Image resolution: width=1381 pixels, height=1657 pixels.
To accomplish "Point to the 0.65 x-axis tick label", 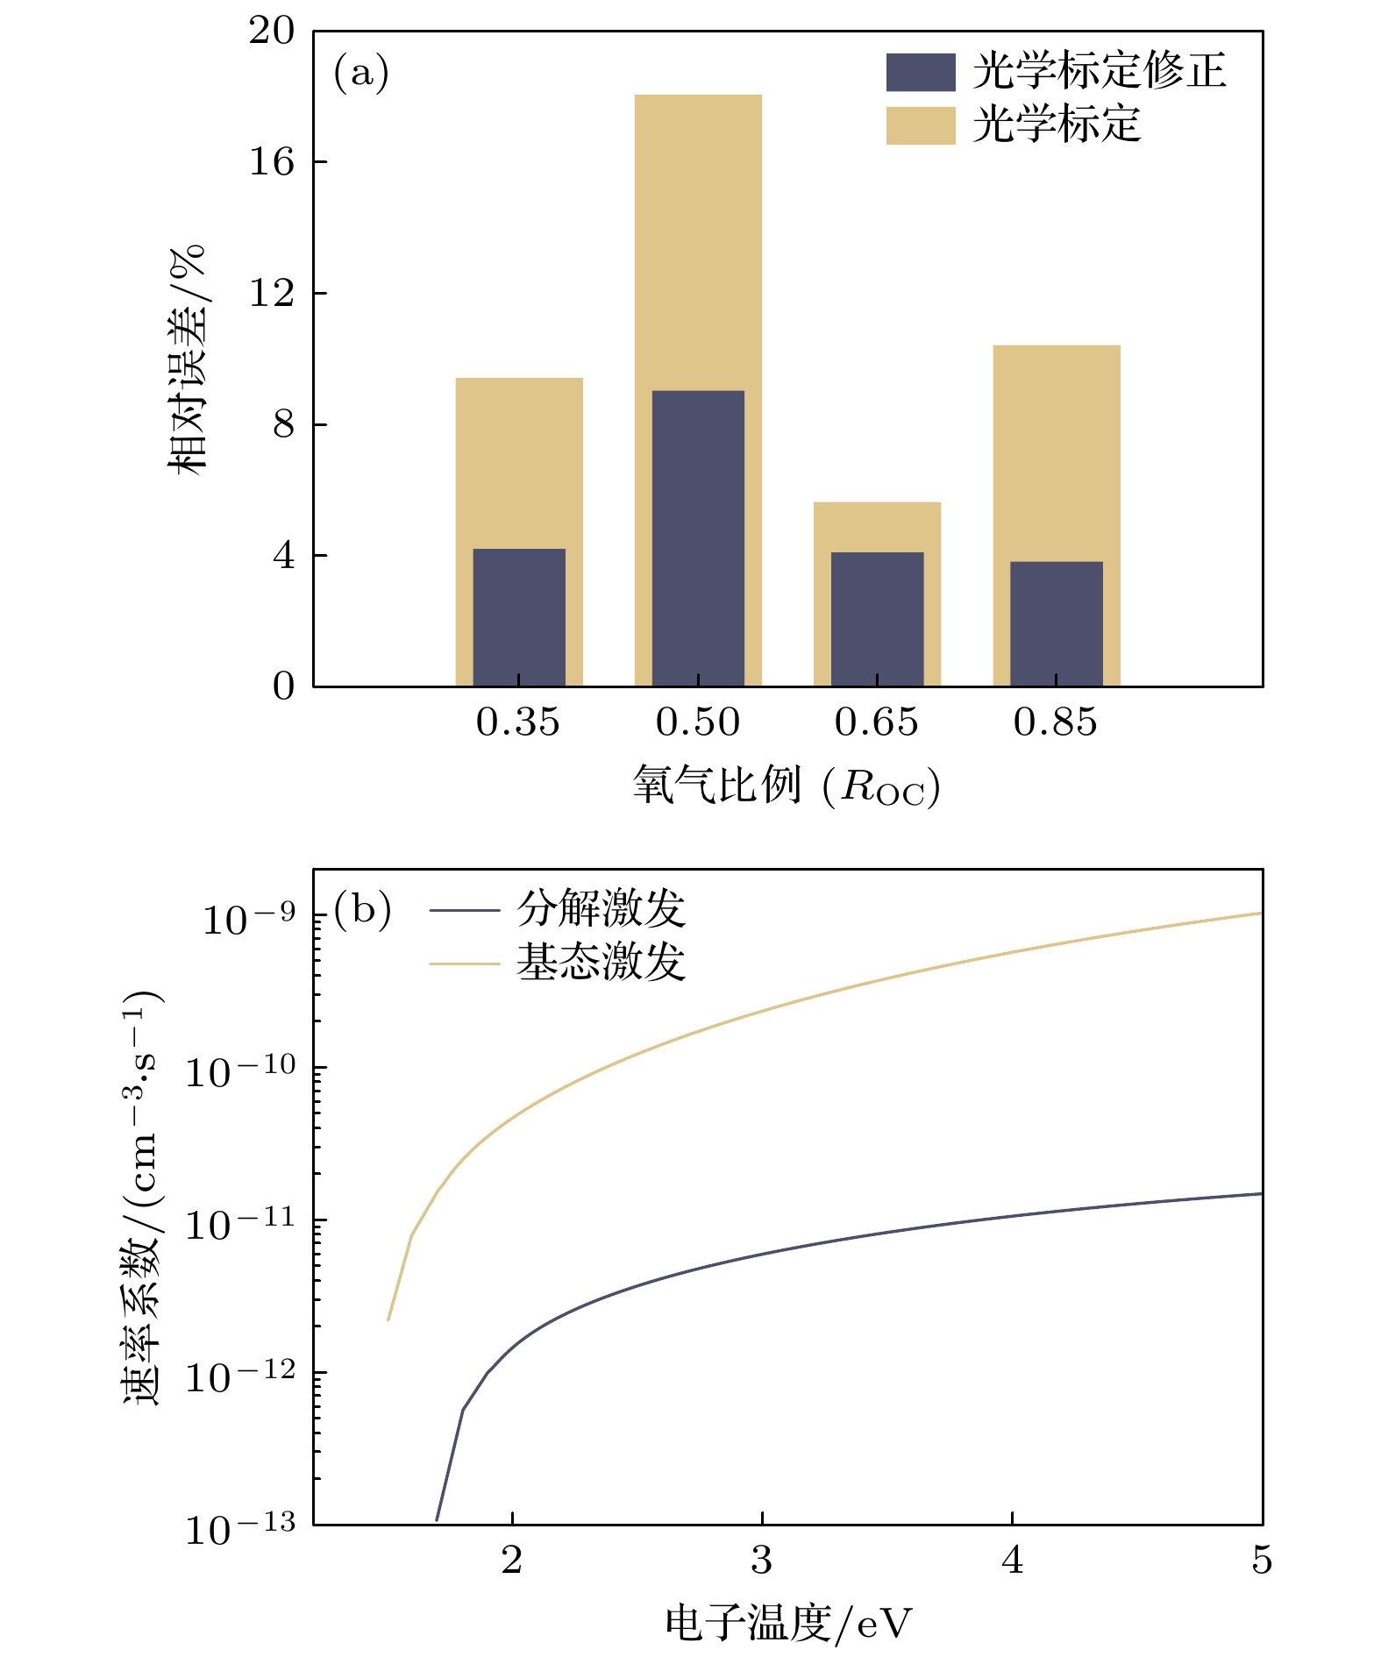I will [877, 722].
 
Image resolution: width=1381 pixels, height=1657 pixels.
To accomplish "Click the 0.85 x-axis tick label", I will [1056, 722].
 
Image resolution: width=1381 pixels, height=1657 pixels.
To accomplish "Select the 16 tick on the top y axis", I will [272, 161].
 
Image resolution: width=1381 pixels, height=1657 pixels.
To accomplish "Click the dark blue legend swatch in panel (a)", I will [921, 72].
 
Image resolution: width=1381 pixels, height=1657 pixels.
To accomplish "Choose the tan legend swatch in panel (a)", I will [921, 125].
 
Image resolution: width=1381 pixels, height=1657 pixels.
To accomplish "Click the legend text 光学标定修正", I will [1099, 71].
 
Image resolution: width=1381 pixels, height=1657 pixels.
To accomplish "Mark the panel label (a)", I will [360, 73].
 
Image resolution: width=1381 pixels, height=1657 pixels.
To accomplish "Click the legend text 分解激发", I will [601, 908].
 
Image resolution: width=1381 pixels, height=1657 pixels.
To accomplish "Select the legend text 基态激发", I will [601, 962].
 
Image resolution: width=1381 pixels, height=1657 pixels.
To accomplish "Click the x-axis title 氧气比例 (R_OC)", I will [787, 786].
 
